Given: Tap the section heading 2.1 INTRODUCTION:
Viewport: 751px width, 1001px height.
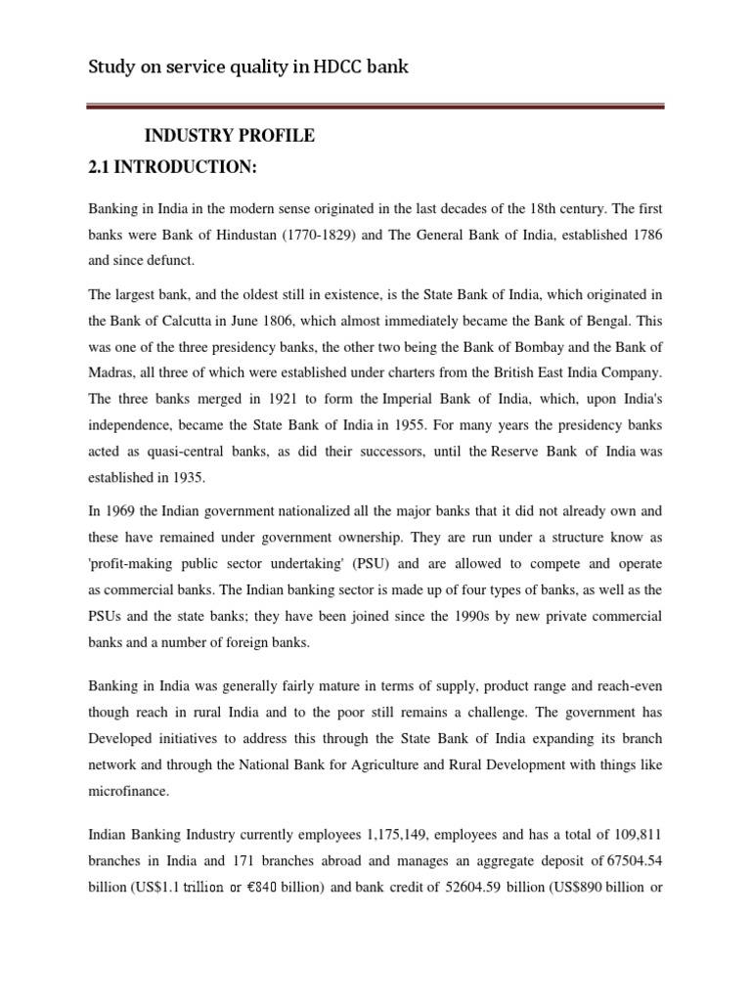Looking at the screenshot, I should point(173,168).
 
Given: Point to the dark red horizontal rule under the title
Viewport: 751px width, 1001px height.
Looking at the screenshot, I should point(376,106).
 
